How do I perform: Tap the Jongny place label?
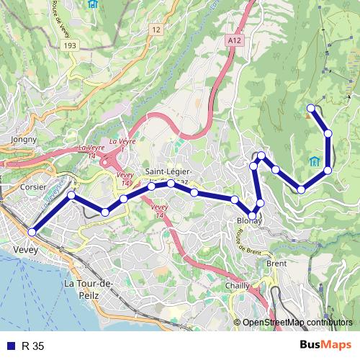[24, 138]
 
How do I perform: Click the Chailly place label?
[238, 286]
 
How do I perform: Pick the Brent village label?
[276, 264]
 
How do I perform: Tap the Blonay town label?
[249, 222]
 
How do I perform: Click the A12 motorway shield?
[233, 42]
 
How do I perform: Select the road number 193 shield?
[69, 45]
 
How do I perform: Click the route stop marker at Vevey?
[32, 232]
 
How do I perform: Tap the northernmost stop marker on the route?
[312, 108]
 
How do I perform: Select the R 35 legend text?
[33, 346]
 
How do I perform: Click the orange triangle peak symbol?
[307, 114]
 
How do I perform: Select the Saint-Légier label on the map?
[169, 172]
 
